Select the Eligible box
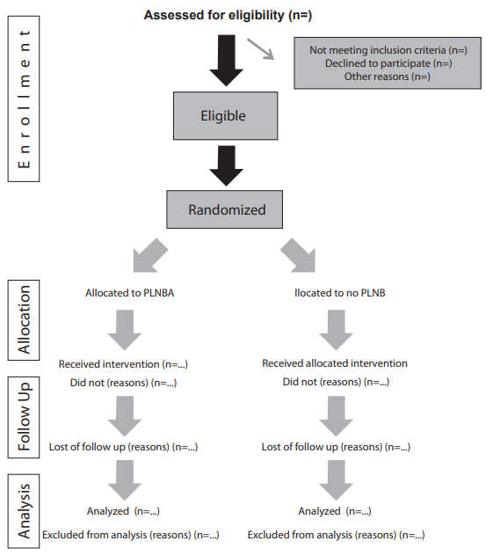(223, 115)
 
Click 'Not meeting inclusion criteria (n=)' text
(388, 50)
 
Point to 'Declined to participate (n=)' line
(388, 63)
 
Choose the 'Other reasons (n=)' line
(388, 77)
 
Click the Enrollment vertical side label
(25, 102)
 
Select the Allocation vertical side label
(25, 318)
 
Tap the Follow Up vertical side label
(25, 416)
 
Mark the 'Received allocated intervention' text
(335, 362)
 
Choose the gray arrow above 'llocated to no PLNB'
(301, 256)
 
